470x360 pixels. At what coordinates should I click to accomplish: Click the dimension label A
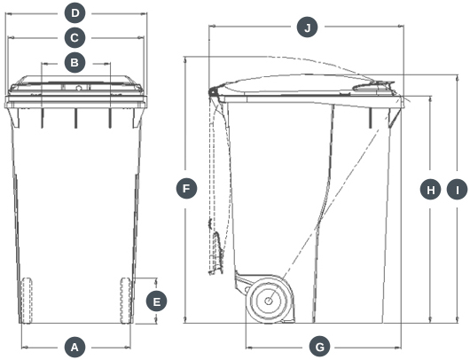pyautogui.click(x=74, y=348)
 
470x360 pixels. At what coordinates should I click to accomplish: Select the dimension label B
pyautogui.click(x=74, y=63)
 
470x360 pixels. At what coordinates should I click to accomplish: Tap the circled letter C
pyautogui.click(x=74, y=38)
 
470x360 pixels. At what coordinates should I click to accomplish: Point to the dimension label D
pyautogui.click(x=75, y=13)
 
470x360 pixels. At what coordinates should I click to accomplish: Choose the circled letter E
pyautogui.click(x=156, y=301)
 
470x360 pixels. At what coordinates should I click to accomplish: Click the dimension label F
pyautogui.click(x=186, y=189)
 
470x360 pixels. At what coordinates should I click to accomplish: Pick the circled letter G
pyautogui.click(x=320, y=348)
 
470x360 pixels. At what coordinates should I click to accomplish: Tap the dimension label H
pyautogui.click(x=430, y=190)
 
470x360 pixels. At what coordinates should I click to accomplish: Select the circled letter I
pyautogui.click(x=457, y=190)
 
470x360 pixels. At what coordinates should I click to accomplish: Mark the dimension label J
pyautogui.click(x=307, y=27)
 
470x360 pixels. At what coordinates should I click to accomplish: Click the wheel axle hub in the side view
pyautogui.click(x=269, y=301)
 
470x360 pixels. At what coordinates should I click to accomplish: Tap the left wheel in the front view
pyautogui.click(x=27, y=301)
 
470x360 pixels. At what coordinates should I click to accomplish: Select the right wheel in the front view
pyautogui.click(x=126, y=301)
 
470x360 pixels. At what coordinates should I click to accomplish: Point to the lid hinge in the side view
pyautogui.click(x=214, y=91)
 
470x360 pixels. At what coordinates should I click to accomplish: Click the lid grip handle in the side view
pyautogui.click(x=373, y=86)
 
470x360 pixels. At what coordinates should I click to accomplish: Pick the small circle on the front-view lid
pyautogui.click(x=79, y=88)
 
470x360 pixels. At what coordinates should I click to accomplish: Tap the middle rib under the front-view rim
pyautogui.click(x=75, y=118)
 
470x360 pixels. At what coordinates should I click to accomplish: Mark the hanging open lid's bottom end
pyautogui.click(x=211, y=272)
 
